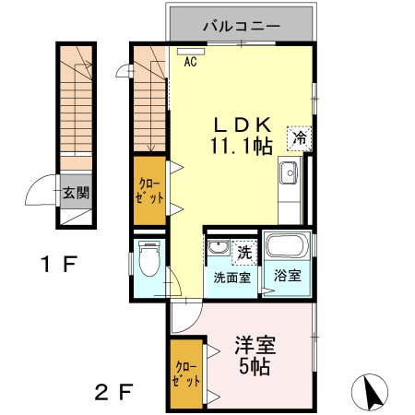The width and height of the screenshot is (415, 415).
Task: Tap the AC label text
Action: point(190,63)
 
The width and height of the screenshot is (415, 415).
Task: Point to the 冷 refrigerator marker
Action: point(300,137)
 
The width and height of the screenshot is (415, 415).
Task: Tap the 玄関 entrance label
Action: point(76,194)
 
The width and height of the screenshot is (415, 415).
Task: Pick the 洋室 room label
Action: point(255,348)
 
